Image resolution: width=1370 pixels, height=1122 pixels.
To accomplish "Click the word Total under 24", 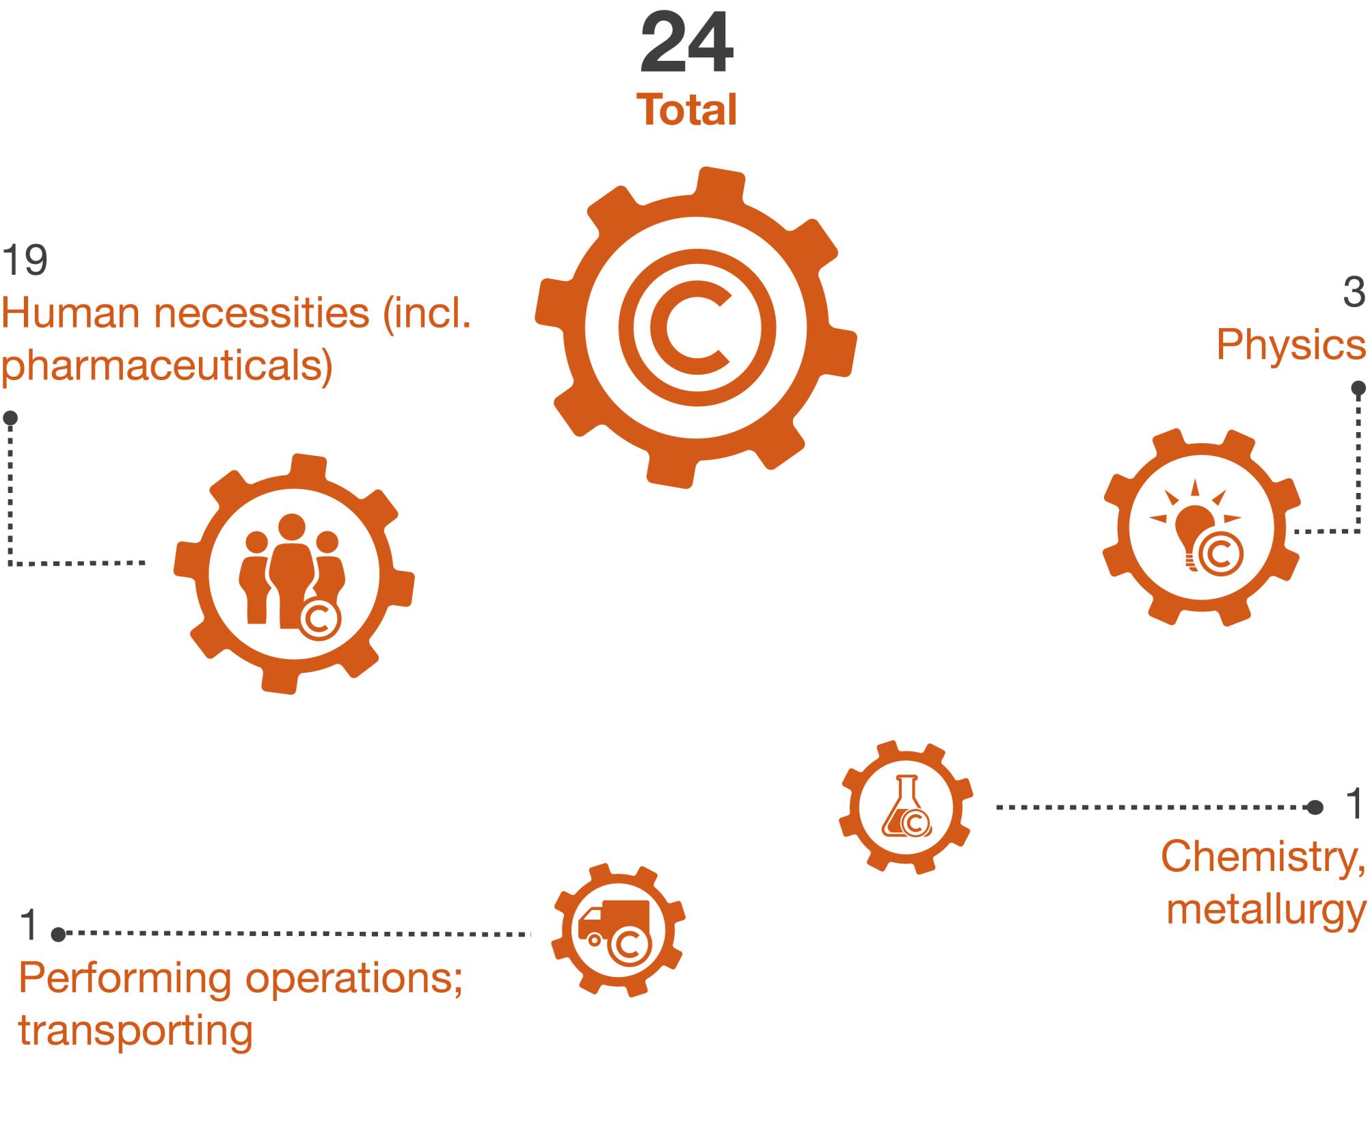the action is click(686, 110).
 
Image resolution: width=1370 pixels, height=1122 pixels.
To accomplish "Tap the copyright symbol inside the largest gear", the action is click(697, 327).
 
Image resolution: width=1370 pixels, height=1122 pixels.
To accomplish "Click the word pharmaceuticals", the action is click(167, 367).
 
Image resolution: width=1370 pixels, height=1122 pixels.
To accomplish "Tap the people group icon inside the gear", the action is click(292, 576).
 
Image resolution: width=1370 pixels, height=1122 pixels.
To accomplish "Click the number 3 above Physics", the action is click(1354, 292).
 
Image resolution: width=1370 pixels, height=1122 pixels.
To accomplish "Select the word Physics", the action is click(1291, 345).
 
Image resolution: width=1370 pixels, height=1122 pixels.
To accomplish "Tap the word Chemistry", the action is click(1263, 856).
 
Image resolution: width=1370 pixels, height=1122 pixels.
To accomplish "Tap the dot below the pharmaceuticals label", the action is click(10, 418).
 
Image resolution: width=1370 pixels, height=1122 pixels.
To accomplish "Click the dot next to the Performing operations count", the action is click(59, 933).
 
